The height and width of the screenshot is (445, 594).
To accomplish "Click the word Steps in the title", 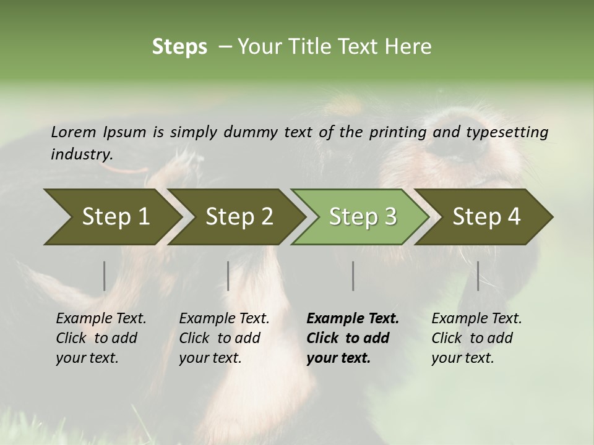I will (x=179, y=47).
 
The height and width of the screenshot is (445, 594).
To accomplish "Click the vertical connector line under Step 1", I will (x=104, y=276).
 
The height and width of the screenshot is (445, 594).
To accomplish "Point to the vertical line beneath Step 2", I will (x=228, y=276).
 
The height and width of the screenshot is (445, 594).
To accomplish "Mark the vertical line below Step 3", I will (x=353, y=276).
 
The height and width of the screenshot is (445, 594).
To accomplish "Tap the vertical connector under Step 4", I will (x=478, y=276).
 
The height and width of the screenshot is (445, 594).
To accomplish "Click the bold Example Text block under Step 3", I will (x=352, y=338).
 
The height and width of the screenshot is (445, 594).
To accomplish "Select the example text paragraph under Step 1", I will (x=100, y=338).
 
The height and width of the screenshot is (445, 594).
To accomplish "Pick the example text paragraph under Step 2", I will (x=223, y=338).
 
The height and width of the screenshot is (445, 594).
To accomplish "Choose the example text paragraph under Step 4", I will (x=476, y=338).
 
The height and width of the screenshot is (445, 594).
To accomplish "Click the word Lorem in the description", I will (x=73, y=132).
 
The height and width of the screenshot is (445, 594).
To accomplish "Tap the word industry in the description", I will (x=81, y=155).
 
